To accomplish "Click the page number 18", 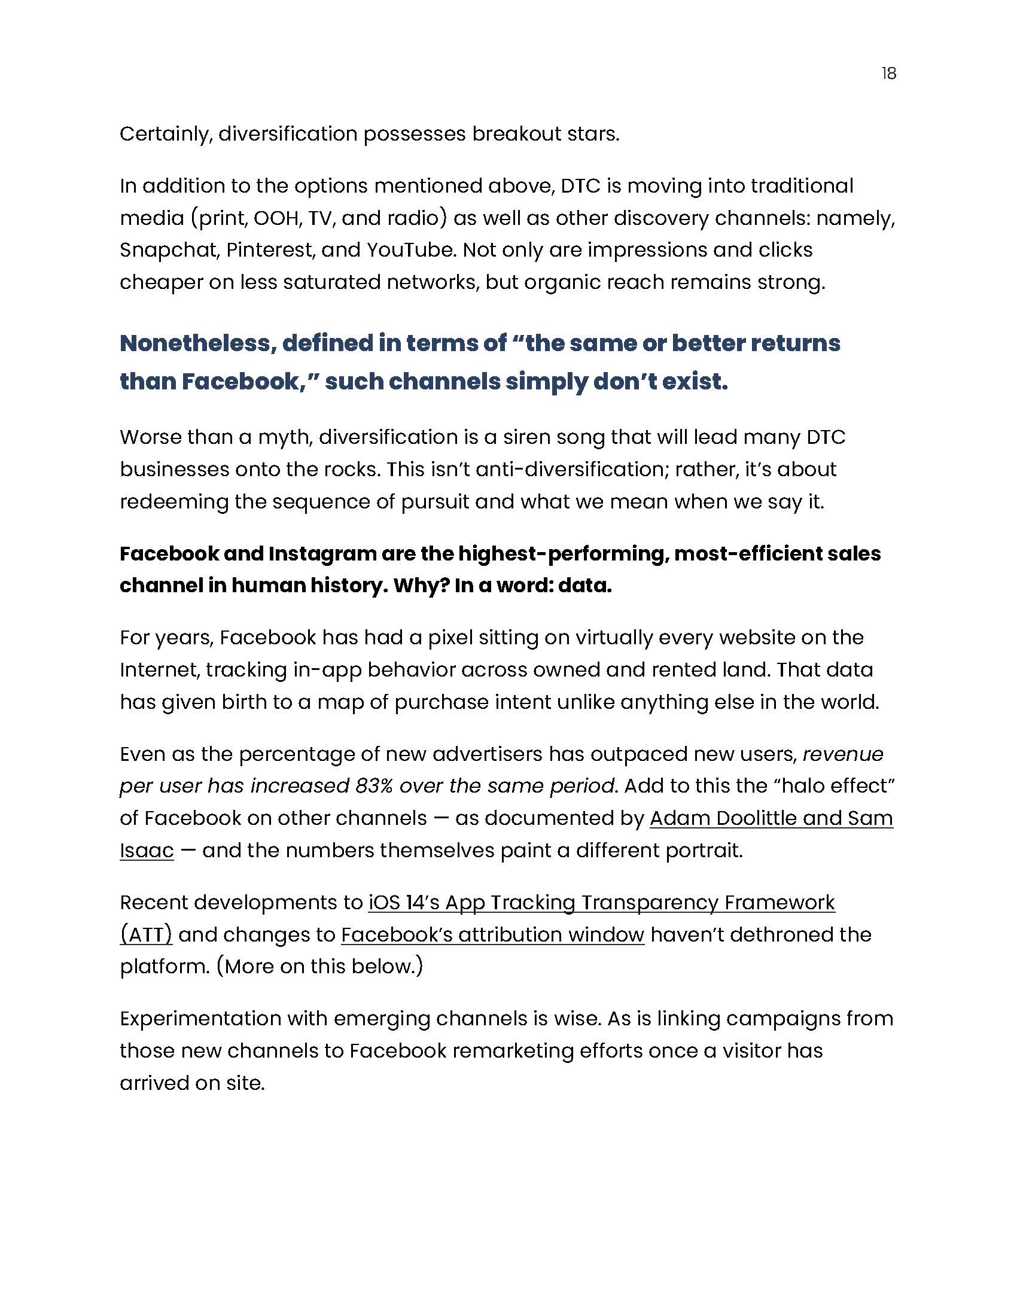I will click(888, 74).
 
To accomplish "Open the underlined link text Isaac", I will click(147, 850).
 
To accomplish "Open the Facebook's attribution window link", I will click(492, 934).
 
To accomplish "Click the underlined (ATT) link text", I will click(146, 934).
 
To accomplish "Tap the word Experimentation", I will click(199, 1019).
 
